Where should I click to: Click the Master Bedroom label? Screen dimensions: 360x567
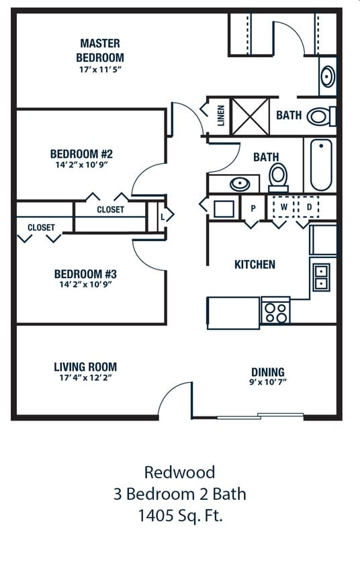click(100, 50)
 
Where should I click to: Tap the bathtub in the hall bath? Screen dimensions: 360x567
click(321, 165)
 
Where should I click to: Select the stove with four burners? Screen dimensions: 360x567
click(276, 310)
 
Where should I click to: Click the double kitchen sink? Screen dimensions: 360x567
click(321, 277)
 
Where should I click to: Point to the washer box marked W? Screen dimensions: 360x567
click(285, 207)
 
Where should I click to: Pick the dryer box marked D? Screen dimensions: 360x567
click(309, 207)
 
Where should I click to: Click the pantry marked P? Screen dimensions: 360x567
click(253, 208)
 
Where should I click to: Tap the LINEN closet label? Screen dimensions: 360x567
click(221, 116)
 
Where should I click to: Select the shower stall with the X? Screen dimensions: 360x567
click(250, 116)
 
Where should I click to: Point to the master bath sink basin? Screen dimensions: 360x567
click(328, 76)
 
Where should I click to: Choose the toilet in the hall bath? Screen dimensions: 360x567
click(278, 177)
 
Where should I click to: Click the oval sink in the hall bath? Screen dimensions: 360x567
click(240, 184)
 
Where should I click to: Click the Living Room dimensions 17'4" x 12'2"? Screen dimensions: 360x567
click(86, 378)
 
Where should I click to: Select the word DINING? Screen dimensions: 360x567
click(268, 372)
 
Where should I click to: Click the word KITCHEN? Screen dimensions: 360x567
click(255, 264)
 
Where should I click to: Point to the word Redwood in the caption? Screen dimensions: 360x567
click(179, 472)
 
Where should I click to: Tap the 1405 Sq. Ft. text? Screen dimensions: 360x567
click(181, 515)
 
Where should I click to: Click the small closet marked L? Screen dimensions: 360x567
click(163, 217)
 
